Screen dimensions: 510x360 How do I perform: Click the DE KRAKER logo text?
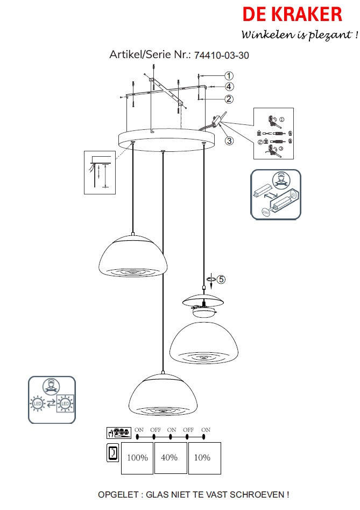(x=292, y=15)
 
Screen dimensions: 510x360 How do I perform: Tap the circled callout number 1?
(x=229, y=76)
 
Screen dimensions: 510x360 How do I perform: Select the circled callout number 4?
(x=229, y=87)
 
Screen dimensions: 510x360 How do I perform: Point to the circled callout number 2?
(x=229, y=99)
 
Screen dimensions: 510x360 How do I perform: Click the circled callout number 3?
(x=229, y=141)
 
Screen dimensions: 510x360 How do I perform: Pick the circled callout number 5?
(x=221, y=280)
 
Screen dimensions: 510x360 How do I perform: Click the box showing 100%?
(x=137, y=458)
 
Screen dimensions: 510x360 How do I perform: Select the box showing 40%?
(x=170, y=458)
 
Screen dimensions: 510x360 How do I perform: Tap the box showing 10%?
(x=203, y=458)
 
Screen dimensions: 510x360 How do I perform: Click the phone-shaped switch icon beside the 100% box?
(x=112, y=453)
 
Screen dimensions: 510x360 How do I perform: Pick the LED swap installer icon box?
(x=52, y=400)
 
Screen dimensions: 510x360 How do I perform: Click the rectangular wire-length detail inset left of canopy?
(x=99, y=172)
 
